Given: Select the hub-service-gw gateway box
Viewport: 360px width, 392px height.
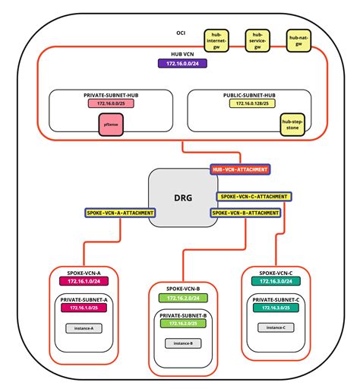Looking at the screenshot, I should point(259,40).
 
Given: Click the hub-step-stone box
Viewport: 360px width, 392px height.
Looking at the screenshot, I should point(291,124).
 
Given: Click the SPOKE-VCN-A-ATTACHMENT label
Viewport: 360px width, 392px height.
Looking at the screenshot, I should point(119,213).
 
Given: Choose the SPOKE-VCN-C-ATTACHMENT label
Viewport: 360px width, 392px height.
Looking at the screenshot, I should point(254,196).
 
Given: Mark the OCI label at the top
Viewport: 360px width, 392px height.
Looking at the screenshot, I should point(181,33).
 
